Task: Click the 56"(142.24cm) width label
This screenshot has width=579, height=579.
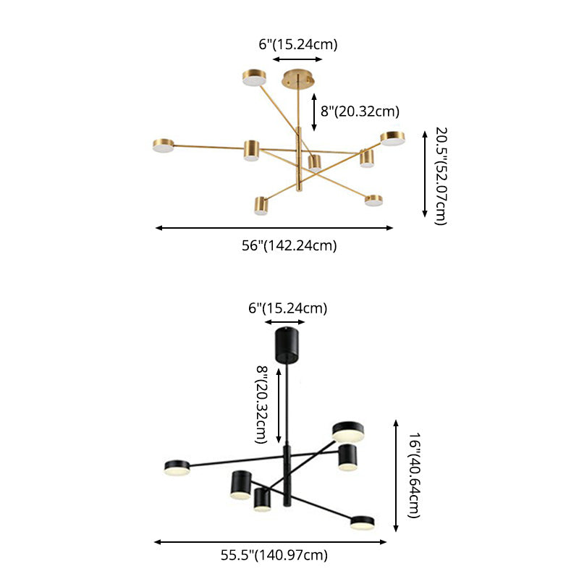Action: pyautogui.click(x=289, y=245)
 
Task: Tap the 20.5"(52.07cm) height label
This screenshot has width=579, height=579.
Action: pyautogui.click(x=441, y=176)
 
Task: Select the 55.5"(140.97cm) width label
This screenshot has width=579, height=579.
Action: pyautogui.click(x=274, y=555)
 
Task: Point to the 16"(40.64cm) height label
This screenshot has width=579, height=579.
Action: pyautogui.click(x=414, y=476)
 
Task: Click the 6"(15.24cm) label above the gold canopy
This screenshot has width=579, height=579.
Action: pyautogui.click(x=298, y=44)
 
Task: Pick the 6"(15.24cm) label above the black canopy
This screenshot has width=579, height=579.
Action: pyautogui.click(x=287, y=308)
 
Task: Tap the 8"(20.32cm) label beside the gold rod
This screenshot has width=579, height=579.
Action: pyautogui.click(x=360, y=111)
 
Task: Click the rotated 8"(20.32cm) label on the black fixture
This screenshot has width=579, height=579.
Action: pyautogui.click(x=261, y=405)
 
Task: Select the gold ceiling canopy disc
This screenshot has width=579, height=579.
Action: pyautogui.click(x=298, y=78)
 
